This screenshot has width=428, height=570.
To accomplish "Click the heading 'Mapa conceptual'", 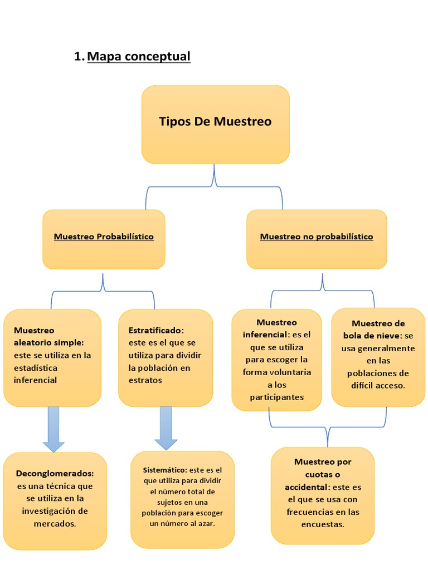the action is (x=139, y=56).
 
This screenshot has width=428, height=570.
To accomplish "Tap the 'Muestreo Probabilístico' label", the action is (x=104, y=237).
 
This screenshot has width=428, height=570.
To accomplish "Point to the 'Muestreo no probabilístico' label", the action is (x=317, y=237).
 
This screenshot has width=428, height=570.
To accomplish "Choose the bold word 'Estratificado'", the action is (x=155, y=330).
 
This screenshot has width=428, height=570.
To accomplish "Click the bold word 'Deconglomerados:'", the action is (x=55, y=473).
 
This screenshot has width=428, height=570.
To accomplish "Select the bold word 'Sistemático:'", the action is (x=164, y=470).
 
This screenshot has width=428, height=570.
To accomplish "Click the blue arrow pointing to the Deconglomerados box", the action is (x=53, y=429).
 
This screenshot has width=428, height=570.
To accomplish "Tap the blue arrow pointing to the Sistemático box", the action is (x=166, y=428).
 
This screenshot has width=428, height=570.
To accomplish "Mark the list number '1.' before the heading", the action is (x=79, y=56).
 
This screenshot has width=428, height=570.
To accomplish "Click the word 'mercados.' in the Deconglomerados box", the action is (x=55, y=523).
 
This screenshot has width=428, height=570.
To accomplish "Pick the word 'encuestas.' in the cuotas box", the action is (x=323, y=524).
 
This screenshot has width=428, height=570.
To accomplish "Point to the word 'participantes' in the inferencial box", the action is (x=276, y=397).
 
